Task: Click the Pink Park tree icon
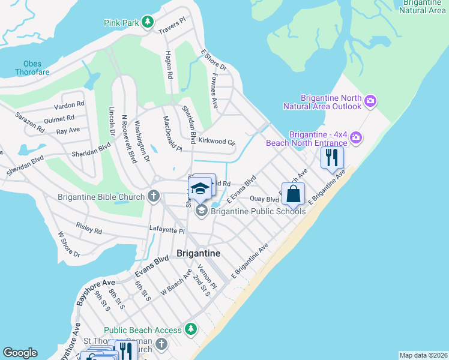click(x=147, y=23)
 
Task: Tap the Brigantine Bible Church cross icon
click(x=154, y=196)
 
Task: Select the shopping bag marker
click(x=293, y=194)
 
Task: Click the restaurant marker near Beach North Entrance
click(x=332, y=158)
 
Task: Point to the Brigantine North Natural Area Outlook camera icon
click(x=370, y=101)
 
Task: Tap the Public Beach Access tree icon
click(x=191, y=329)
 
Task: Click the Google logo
click(x=20, y=353)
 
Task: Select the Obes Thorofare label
click(x=32, y=68)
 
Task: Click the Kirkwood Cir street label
click(x=217, y=142)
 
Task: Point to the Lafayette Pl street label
click(x=167, y=230)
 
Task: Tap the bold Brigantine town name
click(x=199, y=254)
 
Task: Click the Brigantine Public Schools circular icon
click(x=201, y=210)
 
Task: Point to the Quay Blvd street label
click(x=264, y=199)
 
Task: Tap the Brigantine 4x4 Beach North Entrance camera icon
click(x=356, y=138)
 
